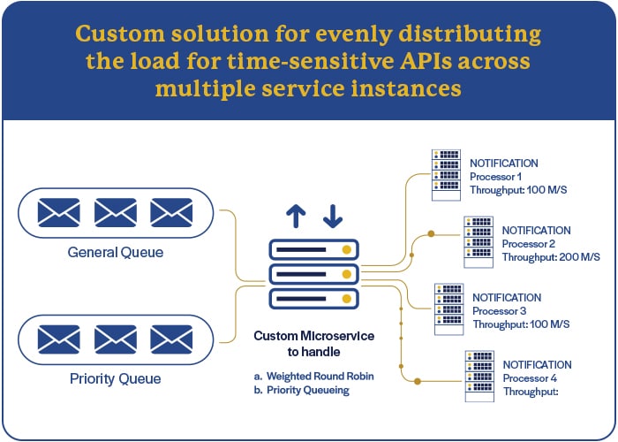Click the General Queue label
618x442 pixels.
click(116, 253)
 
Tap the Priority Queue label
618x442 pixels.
click(116, 379)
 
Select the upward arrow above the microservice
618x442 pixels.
click(296, 217)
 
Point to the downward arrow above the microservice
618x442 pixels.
click(333, 217)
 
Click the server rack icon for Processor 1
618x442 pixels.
click(446, 175)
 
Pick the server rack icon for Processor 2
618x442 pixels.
click(479, 242)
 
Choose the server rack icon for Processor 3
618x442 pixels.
click(448, 309)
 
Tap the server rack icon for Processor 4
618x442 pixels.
click(479, 377)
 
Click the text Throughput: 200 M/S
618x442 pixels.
click(551, 257)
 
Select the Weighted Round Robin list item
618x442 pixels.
click(314, 376)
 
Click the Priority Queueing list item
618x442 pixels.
click(302, 391)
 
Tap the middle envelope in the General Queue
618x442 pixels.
click(116, 213)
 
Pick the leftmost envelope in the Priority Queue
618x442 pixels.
click(59, 339)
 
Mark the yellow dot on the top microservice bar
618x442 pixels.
click(347, 250)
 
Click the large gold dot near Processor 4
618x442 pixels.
click(418, 381)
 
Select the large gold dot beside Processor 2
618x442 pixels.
click(431, 234)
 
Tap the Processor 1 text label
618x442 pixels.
click(496, 177)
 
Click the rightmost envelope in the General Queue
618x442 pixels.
click(171, 213)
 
